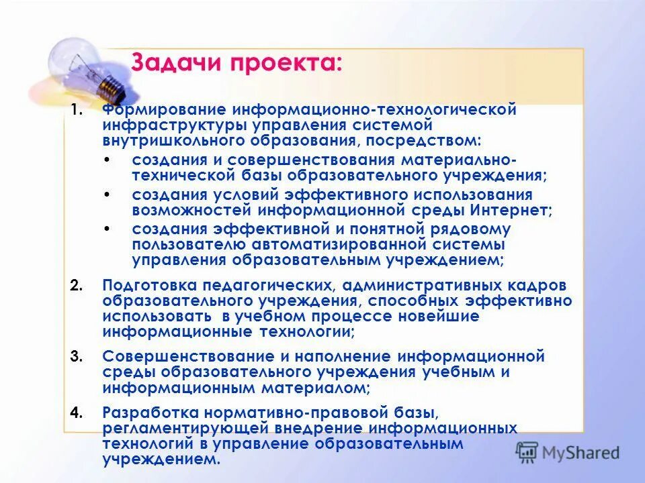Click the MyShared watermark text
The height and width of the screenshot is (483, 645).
(x=578, y=452)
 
